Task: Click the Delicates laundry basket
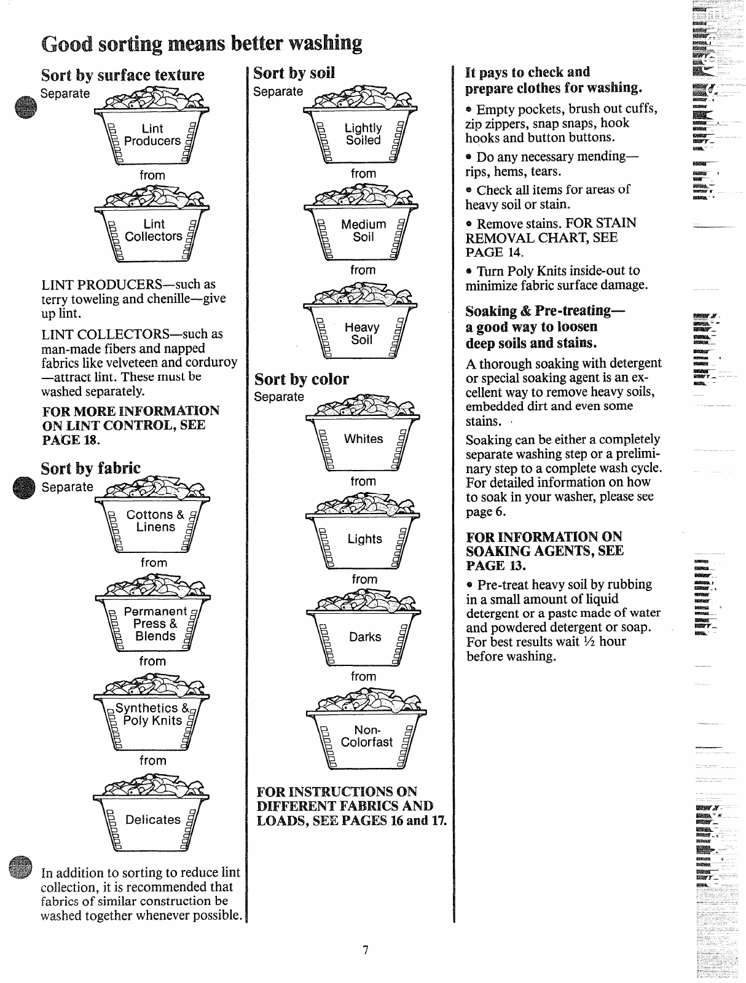coord(152,818)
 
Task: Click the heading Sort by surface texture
coord(122,75)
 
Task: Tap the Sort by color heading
coord(302,379)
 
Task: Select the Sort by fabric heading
coord(90,468)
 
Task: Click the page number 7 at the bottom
coord(365,950)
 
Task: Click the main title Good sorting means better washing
coord(202,44)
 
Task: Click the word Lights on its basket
coord(364,539)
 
